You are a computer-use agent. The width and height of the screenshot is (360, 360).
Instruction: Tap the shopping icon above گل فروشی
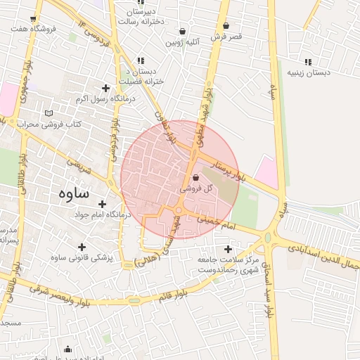click(x=195, y=178)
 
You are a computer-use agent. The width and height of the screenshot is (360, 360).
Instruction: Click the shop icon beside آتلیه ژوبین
click(x=183, y=31)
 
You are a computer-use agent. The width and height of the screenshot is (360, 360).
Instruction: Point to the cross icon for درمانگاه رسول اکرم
click(x=105, y=88)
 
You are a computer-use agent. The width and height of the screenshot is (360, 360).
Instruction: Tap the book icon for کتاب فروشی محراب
click(x=49, y=112)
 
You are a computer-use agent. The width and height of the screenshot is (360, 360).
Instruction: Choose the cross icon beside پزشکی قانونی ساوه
click(x=82, y=247)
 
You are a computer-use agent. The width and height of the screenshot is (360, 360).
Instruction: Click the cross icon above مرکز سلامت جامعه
click(x=227, y=249)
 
